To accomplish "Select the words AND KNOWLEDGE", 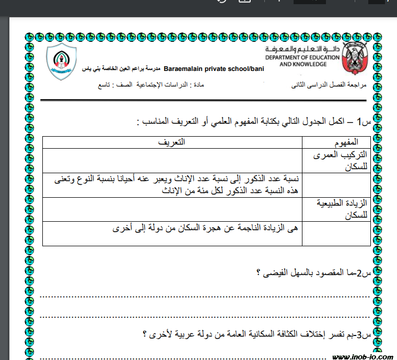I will pyautogui.click(x=303, y=64).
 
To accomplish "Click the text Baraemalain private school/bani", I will pyautogui.click(x=214, y=69).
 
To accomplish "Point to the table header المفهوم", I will pyautogui.click(x=346, y=142).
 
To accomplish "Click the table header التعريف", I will pyautogui.click(x=172, y=142).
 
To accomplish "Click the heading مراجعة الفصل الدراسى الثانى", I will pyautogui.click(x=329, y=85).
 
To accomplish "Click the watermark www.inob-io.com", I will pyautogui.click(x=363, y=357).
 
